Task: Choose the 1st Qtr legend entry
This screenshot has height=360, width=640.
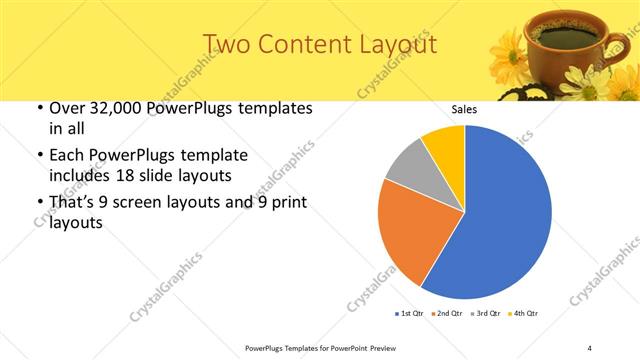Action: click(411, 313)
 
